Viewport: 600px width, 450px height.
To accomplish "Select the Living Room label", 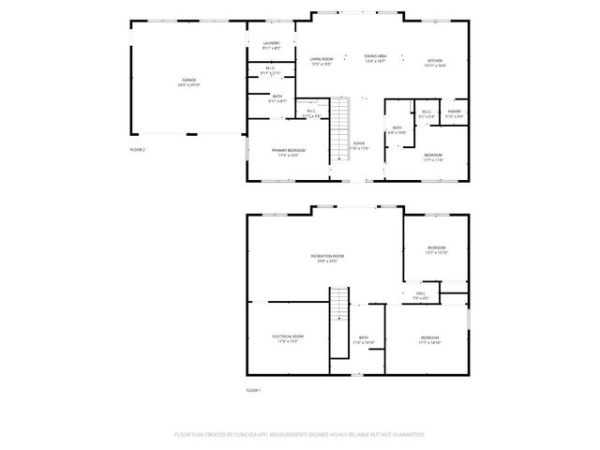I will [322, 61].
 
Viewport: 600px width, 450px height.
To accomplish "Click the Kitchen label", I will [434, 63].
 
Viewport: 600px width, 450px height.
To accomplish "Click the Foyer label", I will [359, 145].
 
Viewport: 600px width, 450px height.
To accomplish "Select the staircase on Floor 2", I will [342, 131].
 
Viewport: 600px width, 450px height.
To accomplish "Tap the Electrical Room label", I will [288, 338].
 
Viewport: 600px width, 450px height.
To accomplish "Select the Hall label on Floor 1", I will [421, 295].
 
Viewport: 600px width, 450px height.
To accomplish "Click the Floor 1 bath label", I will [363, 340].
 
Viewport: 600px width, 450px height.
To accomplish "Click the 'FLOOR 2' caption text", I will [138, 149].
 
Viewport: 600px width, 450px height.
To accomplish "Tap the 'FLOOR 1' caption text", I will [253, 390].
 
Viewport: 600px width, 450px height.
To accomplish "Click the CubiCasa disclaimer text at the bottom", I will [300, 435].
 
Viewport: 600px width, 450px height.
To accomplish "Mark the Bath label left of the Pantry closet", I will [397, 129].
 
